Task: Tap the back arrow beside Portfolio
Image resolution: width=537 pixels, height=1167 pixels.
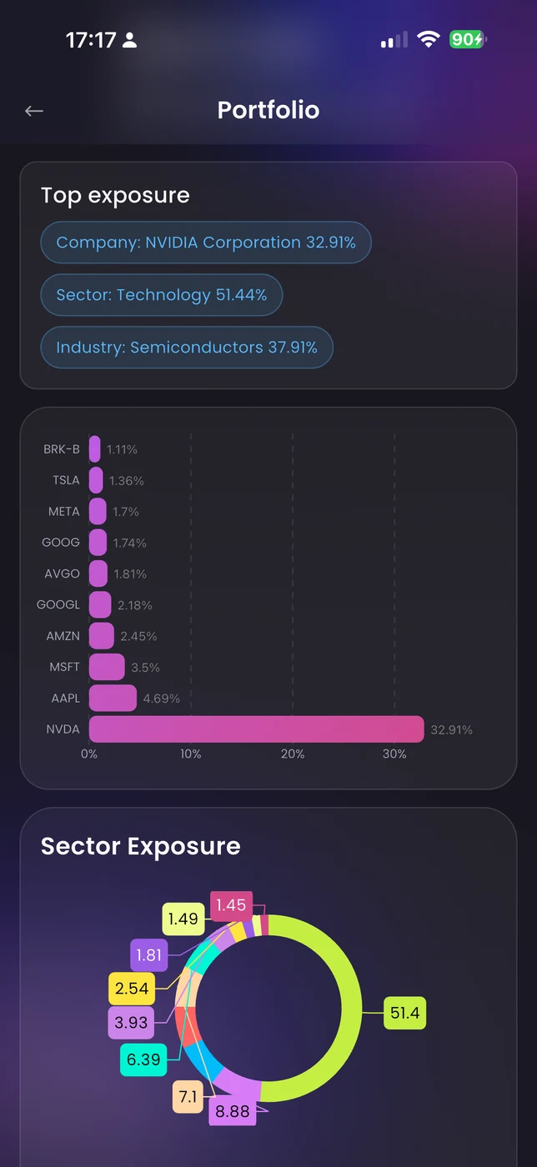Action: [34, 111]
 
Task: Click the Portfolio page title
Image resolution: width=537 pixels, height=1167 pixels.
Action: [268, 110]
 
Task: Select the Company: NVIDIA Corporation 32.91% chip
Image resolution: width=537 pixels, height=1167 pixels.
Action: [206, 243]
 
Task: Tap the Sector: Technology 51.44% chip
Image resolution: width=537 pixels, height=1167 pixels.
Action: [162, 295]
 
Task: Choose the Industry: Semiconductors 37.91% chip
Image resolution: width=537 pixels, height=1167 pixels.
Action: [187, 348]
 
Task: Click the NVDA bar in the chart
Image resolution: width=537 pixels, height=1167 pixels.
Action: [256, 729]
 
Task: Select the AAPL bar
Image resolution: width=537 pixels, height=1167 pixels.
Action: [113, 699]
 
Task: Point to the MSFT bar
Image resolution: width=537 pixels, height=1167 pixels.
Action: [107, 667]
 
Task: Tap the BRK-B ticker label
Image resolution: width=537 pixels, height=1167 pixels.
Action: [62, 449]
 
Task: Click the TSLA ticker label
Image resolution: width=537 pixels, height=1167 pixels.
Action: [66, 480]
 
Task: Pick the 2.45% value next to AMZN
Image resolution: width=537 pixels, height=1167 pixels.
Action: [138, 636]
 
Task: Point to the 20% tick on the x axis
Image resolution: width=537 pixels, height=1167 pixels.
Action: [293, 754]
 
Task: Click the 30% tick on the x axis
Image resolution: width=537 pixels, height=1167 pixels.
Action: [394, 754]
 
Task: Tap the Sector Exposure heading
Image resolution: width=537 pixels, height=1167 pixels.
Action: [141, 846]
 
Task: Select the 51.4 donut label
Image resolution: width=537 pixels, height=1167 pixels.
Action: [404, 1014]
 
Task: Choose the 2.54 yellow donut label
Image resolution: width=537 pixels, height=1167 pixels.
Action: [132, 989]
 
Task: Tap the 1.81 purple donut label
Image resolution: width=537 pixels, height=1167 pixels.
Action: [148, 955]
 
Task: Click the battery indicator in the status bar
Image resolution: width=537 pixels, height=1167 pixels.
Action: [467, 39]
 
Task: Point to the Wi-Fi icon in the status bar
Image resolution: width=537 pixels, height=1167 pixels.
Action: [429, 39]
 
